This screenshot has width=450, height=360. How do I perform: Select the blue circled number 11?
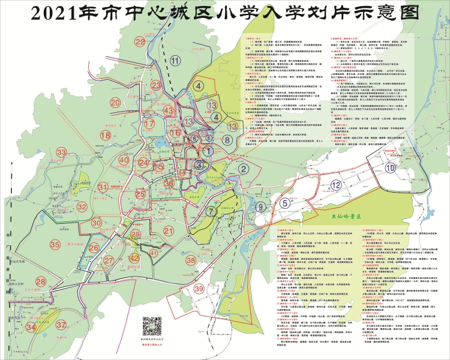tap(175, 60)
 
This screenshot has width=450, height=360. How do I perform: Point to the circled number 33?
tap(62, 153)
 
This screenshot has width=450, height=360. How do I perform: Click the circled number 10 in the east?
tap(391, 169)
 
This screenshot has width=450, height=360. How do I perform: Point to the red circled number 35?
tap(55, 244)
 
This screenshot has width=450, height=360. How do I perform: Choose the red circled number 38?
tap(191, 260)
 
